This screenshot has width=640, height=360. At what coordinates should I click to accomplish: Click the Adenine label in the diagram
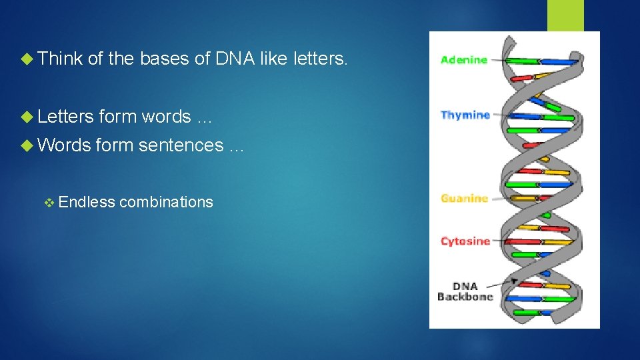pyautogui.click(x=464, y=59)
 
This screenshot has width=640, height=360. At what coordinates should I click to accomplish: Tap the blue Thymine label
pyautogui.click(x=465, y=115)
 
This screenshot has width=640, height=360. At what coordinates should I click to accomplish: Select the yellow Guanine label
pyautogui.click(x=464, y=198)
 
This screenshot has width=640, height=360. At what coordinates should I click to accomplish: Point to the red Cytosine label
pyautogui.click(x=465, y=241)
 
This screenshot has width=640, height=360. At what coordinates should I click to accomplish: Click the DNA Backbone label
pyautogui.click(x=465, y=291)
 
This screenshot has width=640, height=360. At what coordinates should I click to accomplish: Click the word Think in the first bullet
pyautogui.click(x=60, y=59)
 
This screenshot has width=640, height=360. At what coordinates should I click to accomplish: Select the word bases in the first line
pyautogui.click(x=165, y=59)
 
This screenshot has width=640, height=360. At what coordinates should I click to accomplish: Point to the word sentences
pyautogui.click(x=181, y=145)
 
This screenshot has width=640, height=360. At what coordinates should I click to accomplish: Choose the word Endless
pyautogui.click(x=87, y=202)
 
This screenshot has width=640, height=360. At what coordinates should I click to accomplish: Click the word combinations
pyautogui.click(x=166, y=202)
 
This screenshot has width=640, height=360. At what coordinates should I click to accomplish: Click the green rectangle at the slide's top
pyautogui.click(x=565, y=15)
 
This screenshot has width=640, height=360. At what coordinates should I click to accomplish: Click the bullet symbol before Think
pyautogui.click(x=27, y=59)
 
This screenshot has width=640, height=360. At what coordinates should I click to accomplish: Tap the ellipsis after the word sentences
pyautogui.click(x=236, y=147)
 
